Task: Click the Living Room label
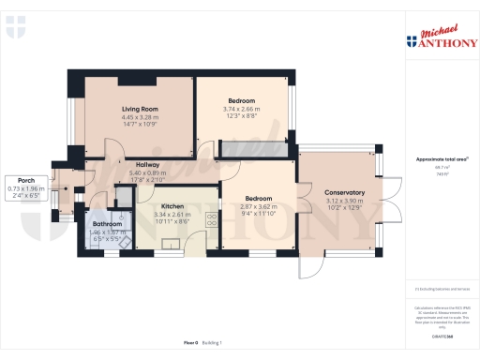coord(139,109)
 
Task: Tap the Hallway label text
coord(146,165)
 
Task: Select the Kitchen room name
coord(172,206)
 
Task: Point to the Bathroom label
coord(108,223)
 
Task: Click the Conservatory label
coord(338,192)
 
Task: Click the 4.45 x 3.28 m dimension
coord(139,117)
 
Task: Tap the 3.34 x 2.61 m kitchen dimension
coord(172,214)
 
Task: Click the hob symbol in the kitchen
coord(211,222)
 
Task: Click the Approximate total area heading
coord(440,159)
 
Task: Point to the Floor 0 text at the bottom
coord(190,343)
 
